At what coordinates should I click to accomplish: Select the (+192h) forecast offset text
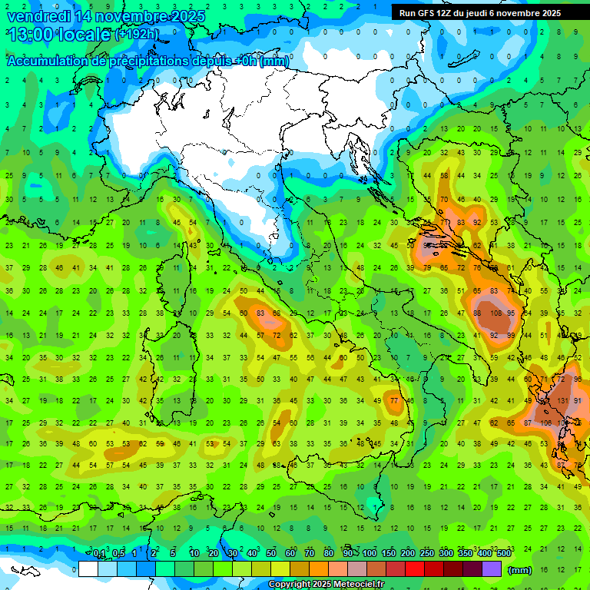pyautogui.click(x=137, y=35)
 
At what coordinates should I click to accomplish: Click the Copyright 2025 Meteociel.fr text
pyautogui.click(x=326, y=584)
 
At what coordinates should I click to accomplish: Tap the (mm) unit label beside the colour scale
pyautogui.click(x=520, y=570)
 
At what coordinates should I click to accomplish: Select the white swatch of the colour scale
pyautogui.click(x=88, y=569)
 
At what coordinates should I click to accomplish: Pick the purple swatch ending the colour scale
pyautogui.click(x=492, y=569)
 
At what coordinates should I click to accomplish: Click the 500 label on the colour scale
pyautogui.click(x=503, y=554)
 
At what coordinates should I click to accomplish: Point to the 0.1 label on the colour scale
pyautogui.click(x=99, y=554)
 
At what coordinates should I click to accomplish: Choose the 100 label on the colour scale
pyautogui.click(x=369, y=554)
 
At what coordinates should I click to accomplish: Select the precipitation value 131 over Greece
pyautogui.click(x=562, y=401)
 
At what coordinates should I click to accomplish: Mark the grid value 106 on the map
pyautogui.click(x=545, y=423)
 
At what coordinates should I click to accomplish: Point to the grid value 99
pyautogui.click(x=511, y=336)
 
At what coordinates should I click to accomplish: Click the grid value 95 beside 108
pyautogui.click(x=512, y=313)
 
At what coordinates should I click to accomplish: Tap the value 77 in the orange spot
pyautogui.click(x=394, y=401)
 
